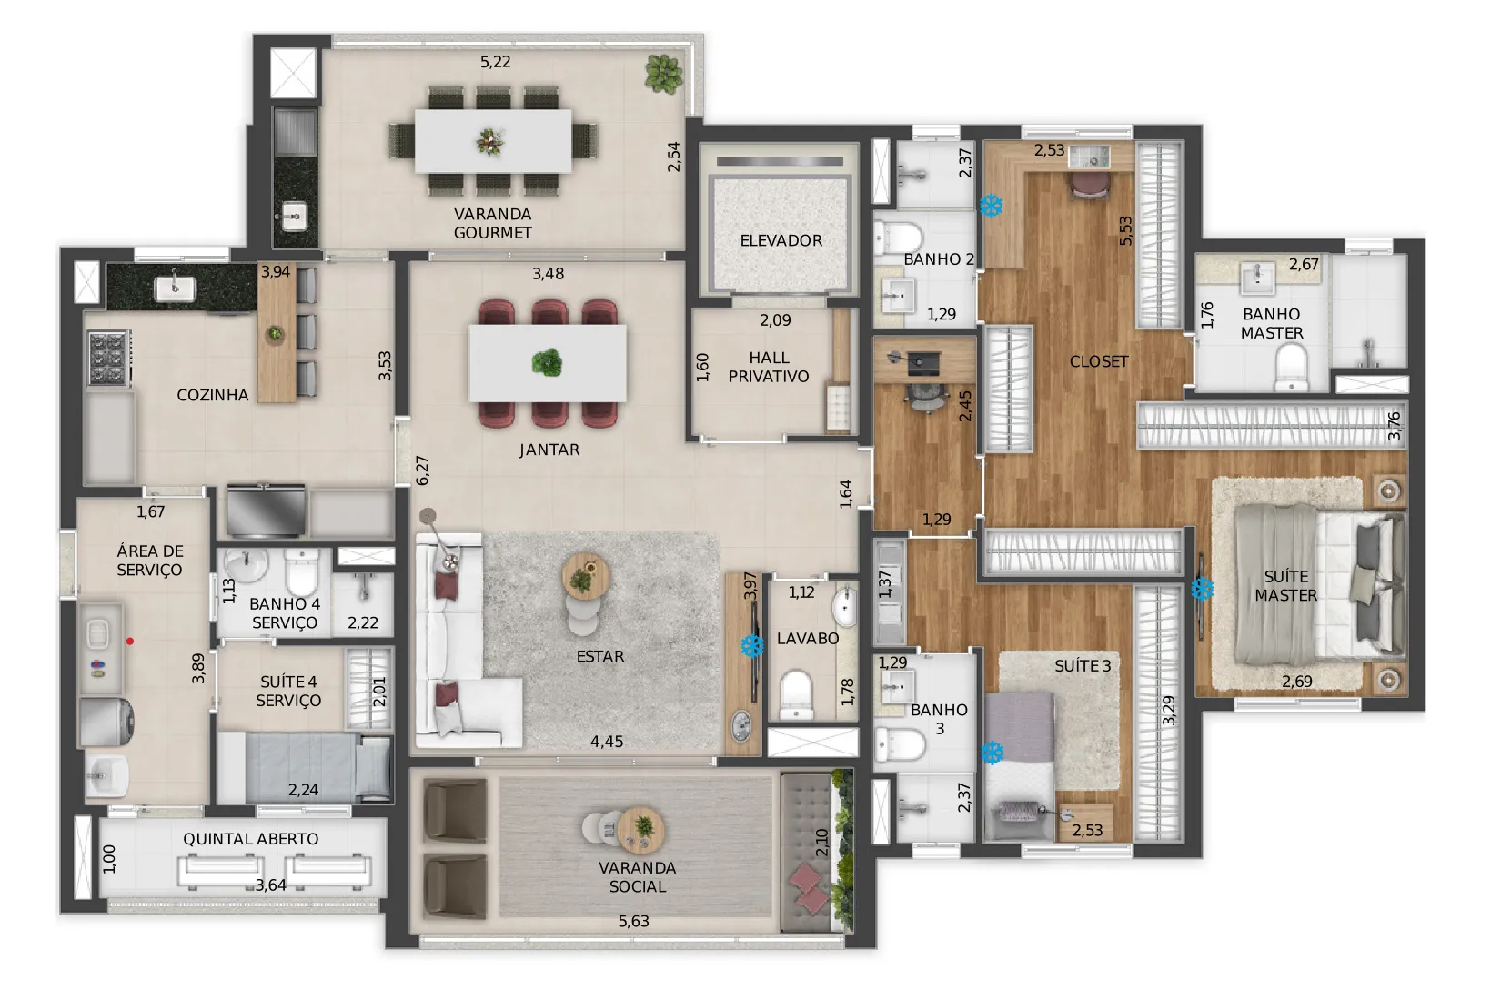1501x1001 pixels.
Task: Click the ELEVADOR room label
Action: pyautogui.click(x=781, y=240)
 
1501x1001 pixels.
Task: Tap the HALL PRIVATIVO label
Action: pyautogui.click(x=769, y=367)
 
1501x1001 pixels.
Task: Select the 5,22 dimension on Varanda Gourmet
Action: pyautogui.click(x=495, y=62)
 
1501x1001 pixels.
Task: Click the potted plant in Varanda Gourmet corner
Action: pyautogui.click(x=663, y=73)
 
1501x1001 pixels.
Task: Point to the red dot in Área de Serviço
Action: pyautogui.click(x=130, y=641)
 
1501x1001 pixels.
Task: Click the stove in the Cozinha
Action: pyautogui.click(x=108, y=358)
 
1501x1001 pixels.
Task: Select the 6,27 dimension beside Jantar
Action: pyautogui.click(x=422, y=470)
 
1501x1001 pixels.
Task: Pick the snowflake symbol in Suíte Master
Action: pyautogui.click(x=1202, y=590)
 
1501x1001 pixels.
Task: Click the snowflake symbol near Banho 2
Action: pyautogui.click(x=991, y=206)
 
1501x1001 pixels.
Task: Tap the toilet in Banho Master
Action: pyautogui.click(x=1291, y=367)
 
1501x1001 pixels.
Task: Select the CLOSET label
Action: pyautogui.click(x=1099, y=361)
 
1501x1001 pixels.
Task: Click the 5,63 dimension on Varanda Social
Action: pyautogui.click(x=633, y=921)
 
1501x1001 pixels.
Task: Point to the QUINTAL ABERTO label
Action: pyautogui.click(x=250, y=839)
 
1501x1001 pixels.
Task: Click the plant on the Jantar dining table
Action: pyautogui.click(x=547, y=363)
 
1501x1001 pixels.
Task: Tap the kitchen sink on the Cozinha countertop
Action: pyautogui.click(x=175, y=288)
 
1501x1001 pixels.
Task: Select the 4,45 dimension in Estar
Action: pyautogui.click(x=607, y=742)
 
